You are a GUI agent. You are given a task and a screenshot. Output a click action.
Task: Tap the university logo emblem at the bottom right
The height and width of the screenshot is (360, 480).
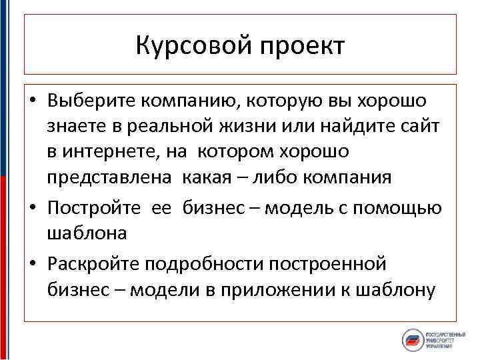[x=414, y=340]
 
